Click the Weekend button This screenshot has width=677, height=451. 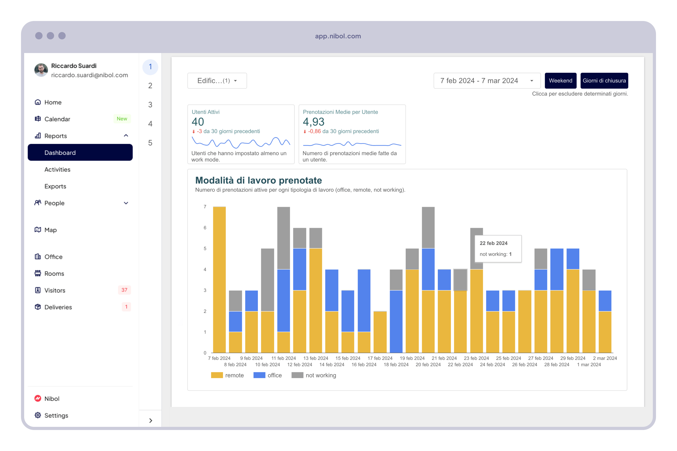click(560, 81)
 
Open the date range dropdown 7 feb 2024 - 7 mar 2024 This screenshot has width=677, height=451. click(487, 81)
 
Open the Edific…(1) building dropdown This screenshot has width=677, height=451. click(217, 81)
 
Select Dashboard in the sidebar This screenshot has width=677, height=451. click(80, 153)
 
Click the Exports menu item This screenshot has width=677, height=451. click(55, 186)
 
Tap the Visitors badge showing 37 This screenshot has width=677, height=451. click(124, 290)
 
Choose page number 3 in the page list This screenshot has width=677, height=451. click(150, 105)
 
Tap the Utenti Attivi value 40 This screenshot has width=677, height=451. click(198, 122)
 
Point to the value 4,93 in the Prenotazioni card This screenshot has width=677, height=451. click(313, 122)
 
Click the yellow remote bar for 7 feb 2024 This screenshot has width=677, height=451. click(219, 279)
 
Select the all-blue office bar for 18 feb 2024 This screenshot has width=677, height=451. click(396, 321)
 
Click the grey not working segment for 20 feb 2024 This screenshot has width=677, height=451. click(428, 227)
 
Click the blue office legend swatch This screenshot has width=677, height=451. click(259, 375)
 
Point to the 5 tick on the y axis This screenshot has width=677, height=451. click(205, 249)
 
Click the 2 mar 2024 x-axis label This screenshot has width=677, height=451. click(605, 358)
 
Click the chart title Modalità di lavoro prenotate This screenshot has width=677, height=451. click(258, 180)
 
